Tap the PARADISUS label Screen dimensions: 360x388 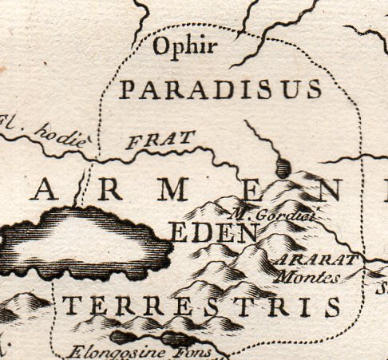(220, 90)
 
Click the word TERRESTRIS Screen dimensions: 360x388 (201, 306)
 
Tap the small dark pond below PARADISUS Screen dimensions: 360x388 (283, 169)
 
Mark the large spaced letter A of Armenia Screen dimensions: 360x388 (46, 190)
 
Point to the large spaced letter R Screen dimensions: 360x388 (112, 190)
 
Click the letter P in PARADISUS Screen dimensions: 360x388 (127, 90)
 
